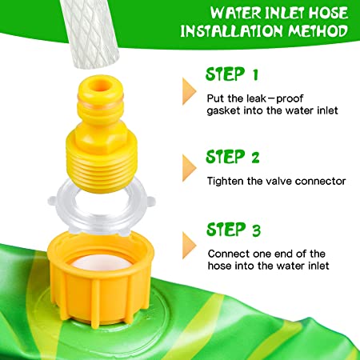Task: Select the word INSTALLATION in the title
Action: point(231,31)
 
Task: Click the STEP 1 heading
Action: point(232,74)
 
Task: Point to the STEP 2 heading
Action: point(233,157)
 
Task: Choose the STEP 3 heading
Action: point(234,230)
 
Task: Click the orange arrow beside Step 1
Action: point(190,91)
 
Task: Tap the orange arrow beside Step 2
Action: point(190,168)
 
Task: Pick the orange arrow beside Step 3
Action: point(190,245)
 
